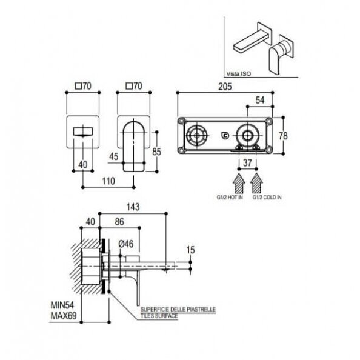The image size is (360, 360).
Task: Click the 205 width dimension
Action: pyautogui.click(x=225, y=87)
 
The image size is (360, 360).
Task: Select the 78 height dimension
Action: pyautogui.click(x=283, y=136)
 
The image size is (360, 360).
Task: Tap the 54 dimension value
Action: pyautogui.click(x=260, y=100)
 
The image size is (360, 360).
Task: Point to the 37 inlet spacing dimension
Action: pyautogui.click(x=247, y=163)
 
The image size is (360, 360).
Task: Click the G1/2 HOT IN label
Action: pyautogui.click(x=230, y=197)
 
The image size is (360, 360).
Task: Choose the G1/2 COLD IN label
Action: pyautogui.click(x=267, y=197)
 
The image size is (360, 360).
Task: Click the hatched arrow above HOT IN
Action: pyautogui.click(x=239, y=183)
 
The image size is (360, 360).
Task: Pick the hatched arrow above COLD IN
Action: pyautogui.click(x=256, y=183)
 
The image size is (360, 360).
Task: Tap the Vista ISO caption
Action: pyautogui.click(x=239, y=74)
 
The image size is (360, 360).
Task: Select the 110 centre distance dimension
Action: pyautogui.click(x=108, y=181)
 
